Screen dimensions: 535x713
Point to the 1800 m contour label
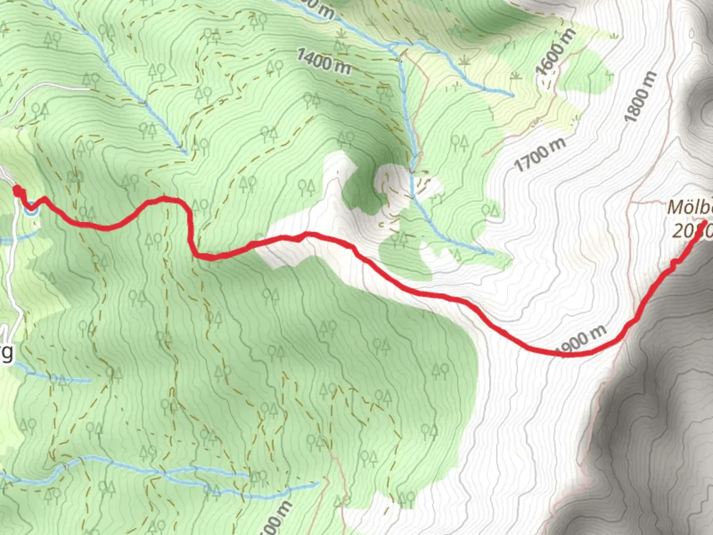coord(641,97)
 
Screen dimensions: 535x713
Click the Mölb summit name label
coord(690,207)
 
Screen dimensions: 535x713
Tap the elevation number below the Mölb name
coord(691,230)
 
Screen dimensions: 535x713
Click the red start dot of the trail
coord(17,191)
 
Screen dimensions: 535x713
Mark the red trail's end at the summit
coord(704,221)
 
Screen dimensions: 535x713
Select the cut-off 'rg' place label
coord(6,353)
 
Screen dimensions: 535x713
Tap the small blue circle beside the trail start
coord(31,208)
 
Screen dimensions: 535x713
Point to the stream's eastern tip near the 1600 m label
coord(513,95)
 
